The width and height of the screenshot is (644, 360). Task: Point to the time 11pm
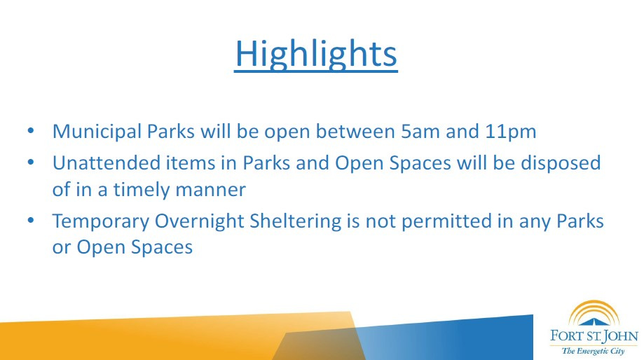[511, 132]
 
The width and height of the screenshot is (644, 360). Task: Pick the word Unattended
[107, 162]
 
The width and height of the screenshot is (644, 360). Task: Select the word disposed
[561, 164]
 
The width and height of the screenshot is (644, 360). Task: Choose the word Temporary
[101, 221]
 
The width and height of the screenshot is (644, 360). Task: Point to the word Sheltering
[295, 221]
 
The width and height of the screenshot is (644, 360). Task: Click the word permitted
[446, 221]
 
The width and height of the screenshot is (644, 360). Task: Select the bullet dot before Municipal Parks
[31, 131]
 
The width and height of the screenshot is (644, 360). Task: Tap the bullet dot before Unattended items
[31, 162]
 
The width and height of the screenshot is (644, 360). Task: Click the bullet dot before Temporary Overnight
[31, 221]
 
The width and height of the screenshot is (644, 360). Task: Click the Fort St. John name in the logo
[594, 336]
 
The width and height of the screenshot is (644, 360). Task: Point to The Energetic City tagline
[593, 352]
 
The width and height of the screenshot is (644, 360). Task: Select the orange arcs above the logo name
[594, 310]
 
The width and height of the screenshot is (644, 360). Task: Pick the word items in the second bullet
[191, 162]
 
